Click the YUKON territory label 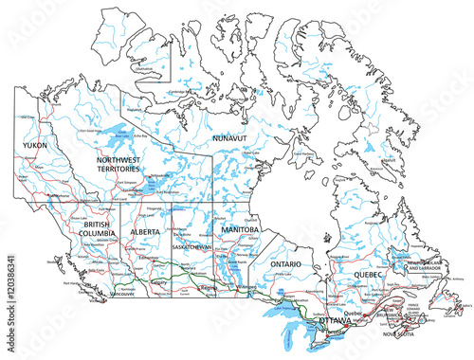[x=34, y=146]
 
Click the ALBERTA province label [x=144, y=231]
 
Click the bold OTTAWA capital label [x=334, y=323]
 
